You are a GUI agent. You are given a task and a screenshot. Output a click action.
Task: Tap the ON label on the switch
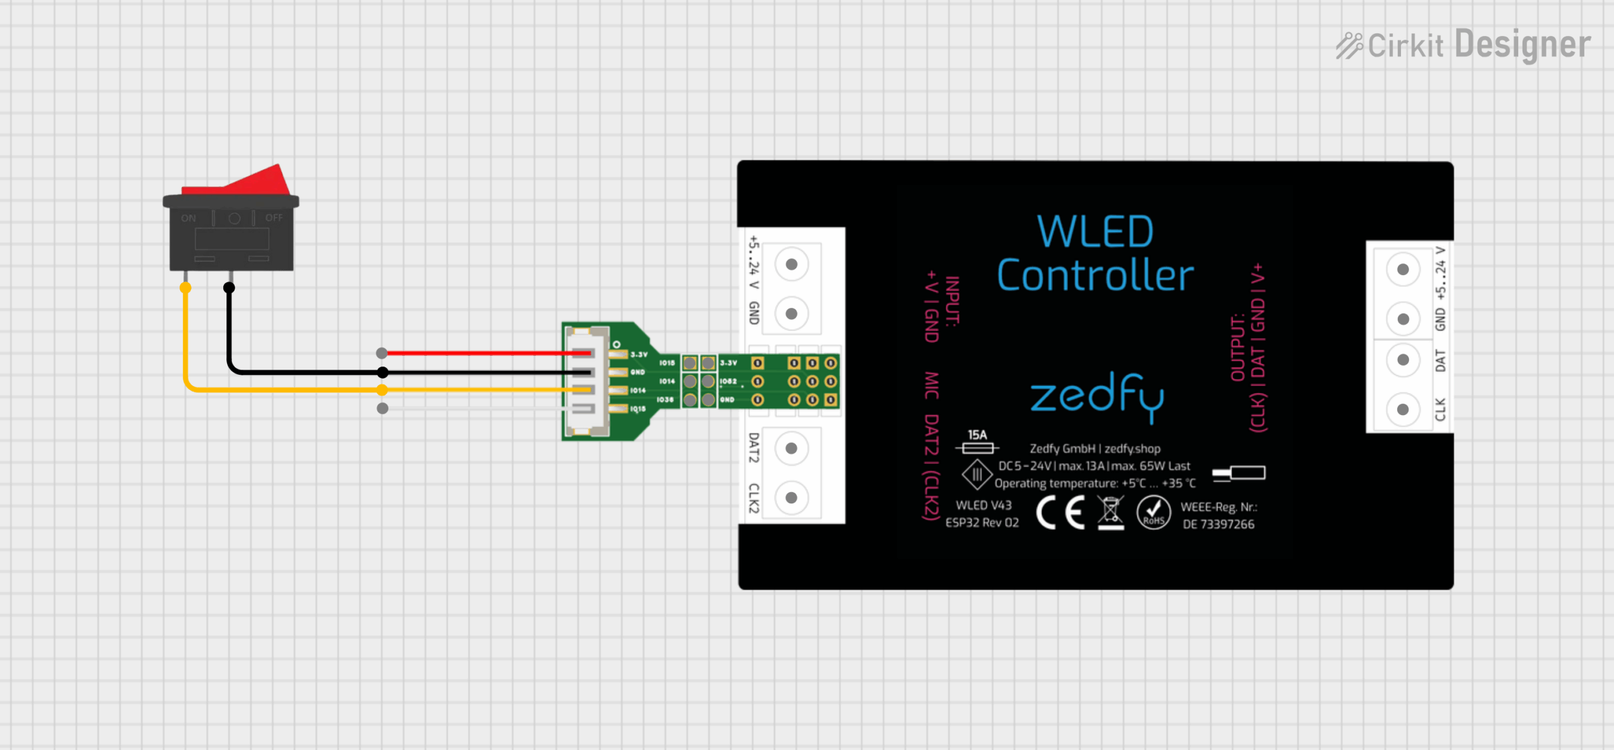coord(189,218)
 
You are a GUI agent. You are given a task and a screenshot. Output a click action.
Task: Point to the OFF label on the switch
coord(274,218)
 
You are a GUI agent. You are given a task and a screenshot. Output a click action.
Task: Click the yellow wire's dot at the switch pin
coord(185,288)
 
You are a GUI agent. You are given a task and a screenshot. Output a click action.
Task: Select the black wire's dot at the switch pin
coord(229,288)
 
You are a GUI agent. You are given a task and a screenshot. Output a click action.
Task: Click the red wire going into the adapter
coord(479,353)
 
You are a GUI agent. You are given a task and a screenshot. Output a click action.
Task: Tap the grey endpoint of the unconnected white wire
coord(382,409)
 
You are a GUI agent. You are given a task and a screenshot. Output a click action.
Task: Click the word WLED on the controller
coord(1095,231)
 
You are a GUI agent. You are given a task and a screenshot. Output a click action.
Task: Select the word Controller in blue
coord(1095,276)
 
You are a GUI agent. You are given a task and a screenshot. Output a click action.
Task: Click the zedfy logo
coord(1096,396)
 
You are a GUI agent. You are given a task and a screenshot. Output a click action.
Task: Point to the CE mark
coord(1060,512)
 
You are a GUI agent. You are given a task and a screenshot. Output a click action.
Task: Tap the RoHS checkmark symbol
coord(1153,512)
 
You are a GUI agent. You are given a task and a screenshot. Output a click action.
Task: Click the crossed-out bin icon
coord(1110,512)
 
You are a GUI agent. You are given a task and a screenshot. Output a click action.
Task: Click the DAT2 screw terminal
coord(791,448)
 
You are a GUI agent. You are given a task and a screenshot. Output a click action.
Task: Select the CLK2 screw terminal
coord(791,498)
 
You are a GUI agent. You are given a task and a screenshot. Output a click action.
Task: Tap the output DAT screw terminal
coord(1403,360)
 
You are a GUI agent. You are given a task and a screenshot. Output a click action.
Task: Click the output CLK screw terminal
coord(1403,409)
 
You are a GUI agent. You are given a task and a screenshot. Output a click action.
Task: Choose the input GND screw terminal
coord(791,313)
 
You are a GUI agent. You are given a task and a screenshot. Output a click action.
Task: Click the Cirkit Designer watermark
coord(1463,45)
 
